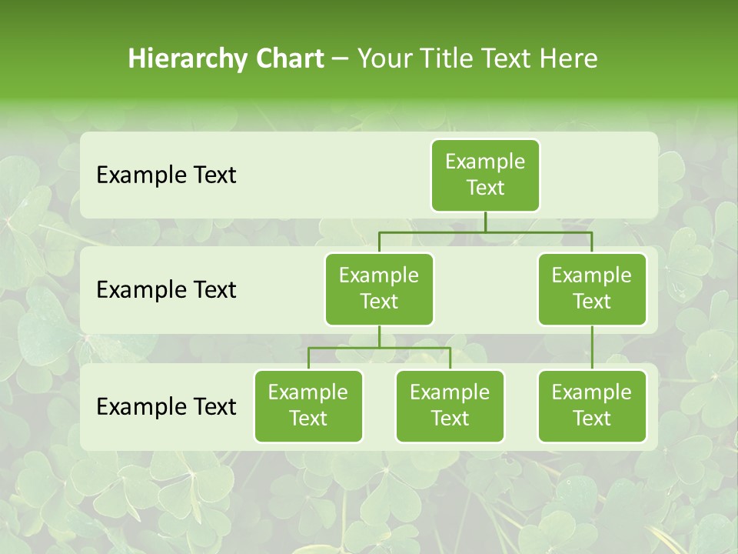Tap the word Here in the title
click(569, 58)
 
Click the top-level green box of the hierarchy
click(485, 175)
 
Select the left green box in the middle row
click(379, 289)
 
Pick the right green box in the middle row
click(592, 289)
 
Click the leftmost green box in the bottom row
click(308, 406)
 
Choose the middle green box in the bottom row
click(450, 406)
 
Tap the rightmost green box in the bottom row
click(592, 406)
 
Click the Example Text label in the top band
click(166, 175)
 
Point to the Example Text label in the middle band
click(166, 290)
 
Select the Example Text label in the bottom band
click(166, 406)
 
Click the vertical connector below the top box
click(485, 222)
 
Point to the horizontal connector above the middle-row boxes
click(485, 232)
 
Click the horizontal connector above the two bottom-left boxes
click(379, 348)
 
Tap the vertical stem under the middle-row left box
click(379, 336)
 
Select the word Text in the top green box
click(485, 189)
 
